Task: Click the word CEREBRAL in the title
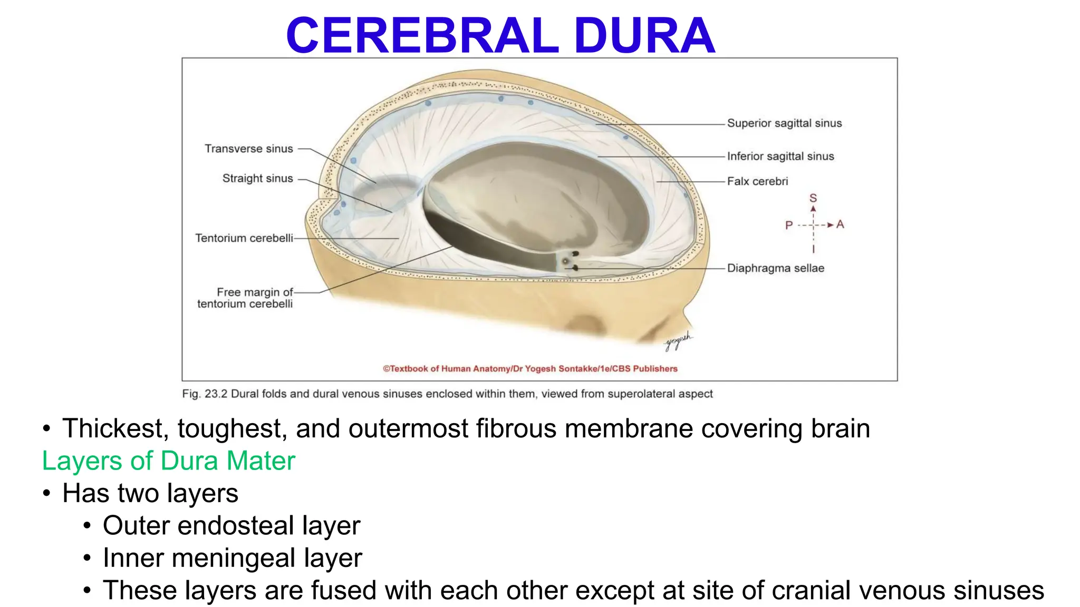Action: pos(422,36)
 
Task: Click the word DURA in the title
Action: pos(644,36)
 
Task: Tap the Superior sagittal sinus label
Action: pos(784,123)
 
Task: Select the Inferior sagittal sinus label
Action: pos(780,156)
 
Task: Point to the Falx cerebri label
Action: pos(757,181)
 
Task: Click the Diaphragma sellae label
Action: pos(775,268)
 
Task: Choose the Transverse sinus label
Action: pos(248,149)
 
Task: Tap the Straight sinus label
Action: pos(257,179)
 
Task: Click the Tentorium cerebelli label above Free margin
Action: pos(244,238)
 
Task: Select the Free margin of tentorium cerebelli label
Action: pos(245,298)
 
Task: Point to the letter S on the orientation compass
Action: pos(813,198)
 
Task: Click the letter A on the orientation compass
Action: pos(840,224)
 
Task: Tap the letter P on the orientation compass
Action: pos(789,226)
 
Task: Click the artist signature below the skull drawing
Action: pos(678,342)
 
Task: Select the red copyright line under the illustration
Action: pos(530,369)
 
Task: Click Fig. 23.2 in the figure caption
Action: pos(205,394)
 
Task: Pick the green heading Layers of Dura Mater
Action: pos(169,461)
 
